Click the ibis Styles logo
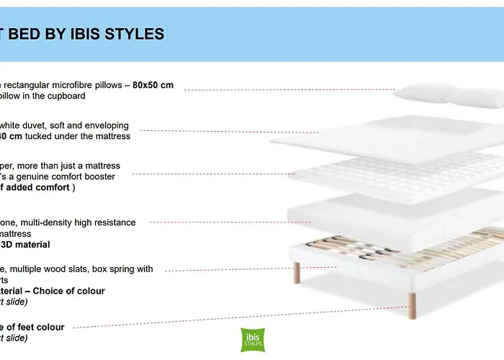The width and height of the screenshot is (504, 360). pyautogui.click(x=252, y=340)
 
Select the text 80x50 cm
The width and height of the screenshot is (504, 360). pyautogui.click(x=153, y=85)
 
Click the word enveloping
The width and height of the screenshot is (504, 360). pyautogui.click(x=105, y=125)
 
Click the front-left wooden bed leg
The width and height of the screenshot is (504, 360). pyautogui.click(x=296, y=272)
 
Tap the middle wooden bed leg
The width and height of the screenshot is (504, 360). pyautogui.click(x=412, y=300)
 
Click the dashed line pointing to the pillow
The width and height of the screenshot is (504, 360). pyautogui.click(x=288, y=90)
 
